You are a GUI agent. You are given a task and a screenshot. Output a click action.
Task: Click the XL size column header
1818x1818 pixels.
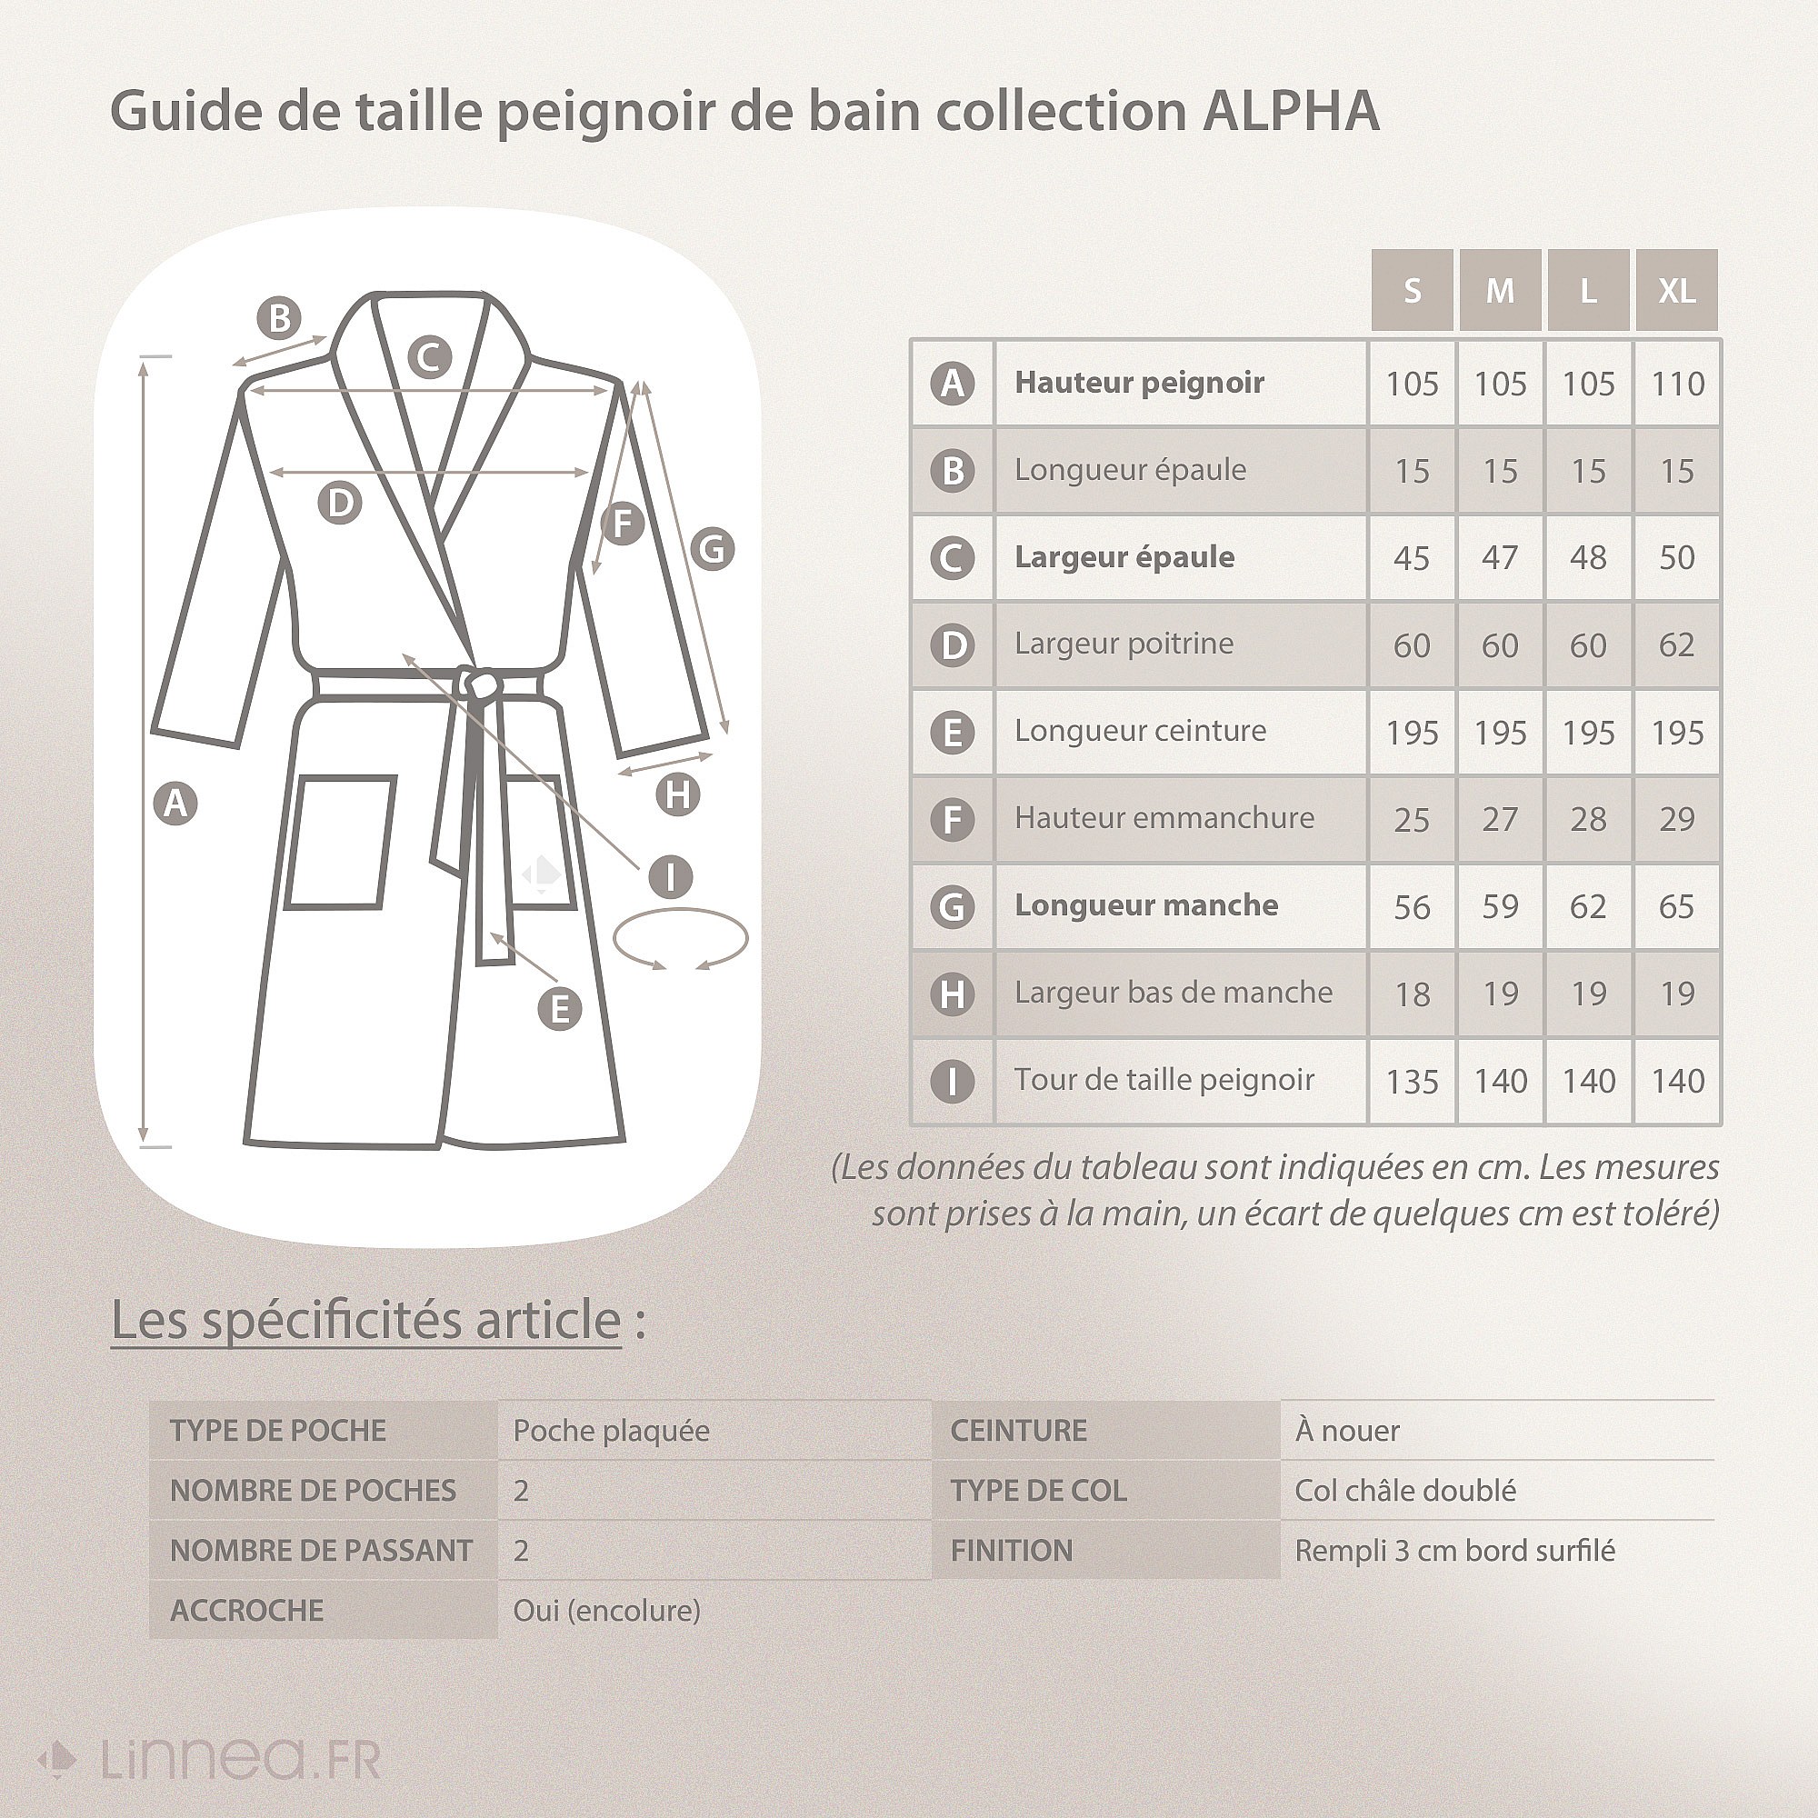tap(1677, 291)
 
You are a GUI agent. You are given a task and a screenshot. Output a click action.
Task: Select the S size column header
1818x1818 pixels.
tap(1412, 291)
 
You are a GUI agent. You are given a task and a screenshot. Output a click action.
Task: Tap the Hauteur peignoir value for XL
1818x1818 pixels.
tap(1677, 384)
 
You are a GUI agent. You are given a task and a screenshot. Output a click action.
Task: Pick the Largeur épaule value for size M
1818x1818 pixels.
tap(1500, 558)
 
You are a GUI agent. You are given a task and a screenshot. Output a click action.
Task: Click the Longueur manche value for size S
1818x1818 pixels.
tap(1412, 907)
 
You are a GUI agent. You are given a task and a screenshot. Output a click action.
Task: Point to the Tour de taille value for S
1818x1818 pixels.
tap(1412, 1081)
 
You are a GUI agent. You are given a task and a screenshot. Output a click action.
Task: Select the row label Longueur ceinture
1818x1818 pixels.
tap(1141, 731)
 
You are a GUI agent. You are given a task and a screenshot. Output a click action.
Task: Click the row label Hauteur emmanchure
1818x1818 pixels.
tap(1164, 818)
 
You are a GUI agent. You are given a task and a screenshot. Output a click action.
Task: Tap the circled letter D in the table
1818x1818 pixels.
tap(953, 645)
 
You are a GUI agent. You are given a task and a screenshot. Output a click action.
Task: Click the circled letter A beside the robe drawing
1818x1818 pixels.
tap(176, 804)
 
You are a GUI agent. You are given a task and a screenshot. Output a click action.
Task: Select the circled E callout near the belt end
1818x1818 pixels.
tap(560, 1009)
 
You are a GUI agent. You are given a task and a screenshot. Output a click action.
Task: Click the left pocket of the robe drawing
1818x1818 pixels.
tap(340, 843)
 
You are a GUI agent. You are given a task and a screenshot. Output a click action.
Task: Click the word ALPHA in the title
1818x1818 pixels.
tap(1291, 111)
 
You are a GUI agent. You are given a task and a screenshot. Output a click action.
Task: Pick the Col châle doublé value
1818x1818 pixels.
tap(1405, 1492)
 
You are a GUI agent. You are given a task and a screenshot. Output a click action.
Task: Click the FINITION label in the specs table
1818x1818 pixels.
tap(1012, 1551)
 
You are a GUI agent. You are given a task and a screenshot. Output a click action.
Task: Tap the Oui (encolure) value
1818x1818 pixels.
tap(607, 1611)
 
